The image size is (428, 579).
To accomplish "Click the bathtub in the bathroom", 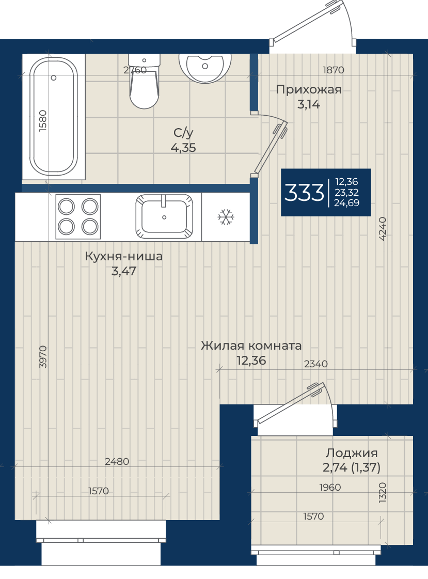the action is coord(54,117).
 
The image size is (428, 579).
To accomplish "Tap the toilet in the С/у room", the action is coord(144,81).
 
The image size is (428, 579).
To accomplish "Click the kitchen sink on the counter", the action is coord(164,217).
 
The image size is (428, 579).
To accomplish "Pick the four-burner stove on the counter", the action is coord(78,217).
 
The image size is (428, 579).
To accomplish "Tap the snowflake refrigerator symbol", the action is coord(226,217).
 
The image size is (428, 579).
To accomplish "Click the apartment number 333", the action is coord(304,192).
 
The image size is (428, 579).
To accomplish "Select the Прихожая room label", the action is coord(309,89).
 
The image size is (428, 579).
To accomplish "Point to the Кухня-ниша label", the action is coord(124,256).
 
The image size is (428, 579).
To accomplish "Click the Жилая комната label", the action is coord(251,346).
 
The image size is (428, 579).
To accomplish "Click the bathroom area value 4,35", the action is coord(183,148).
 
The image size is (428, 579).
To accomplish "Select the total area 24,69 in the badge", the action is coord(346,202).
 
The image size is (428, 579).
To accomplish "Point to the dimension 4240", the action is coord(383,229).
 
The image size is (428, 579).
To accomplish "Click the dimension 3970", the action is coord(43,357).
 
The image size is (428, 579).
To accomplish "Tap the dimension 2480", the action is coord(117,462).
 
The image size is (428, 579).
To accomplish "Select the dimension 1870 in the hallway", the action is coord(333,70).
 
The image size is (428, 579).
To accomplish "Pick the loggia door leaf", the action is coord(292,403).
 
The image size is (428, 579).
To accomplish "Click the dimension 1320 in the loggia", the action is coord(383,492).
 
